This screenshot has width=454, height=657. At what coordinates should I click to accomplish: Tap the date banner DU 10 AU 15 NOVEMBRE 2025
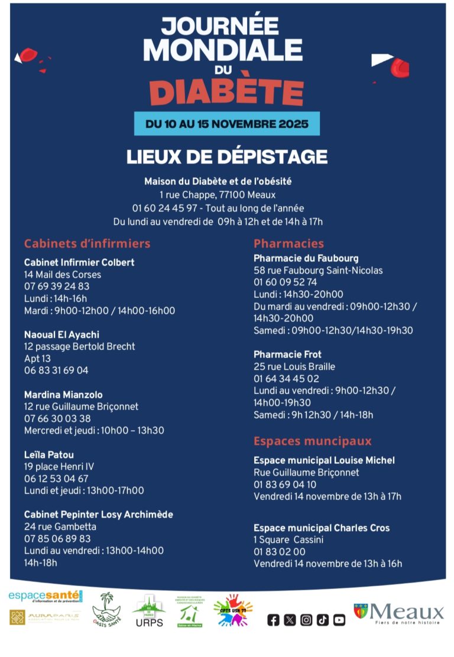227,124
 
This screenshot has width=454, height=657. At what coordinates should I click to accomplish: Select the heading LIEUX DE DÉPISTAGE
227,157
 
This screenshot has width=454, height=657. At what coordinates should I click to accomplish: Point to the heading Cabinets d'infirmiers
87,243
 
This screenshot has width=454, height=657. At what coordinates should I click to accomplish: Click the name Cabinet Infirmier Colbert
79,262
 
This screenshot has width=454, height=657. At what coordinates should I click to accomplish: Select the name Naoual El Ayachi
61,335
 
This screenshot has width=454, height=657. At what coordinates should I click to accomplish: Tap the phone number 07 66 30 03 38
57,419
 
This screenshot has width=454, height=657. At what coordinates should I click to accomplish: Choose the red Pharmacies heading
288,243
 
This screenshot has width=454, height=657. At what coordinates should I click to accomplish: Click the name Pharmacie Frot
287,354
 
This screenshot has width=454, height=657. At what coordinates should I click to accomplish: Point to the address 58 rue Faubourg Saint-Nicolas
318,271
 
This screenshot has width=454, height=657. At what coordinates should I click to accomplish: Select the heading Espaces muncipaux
312,441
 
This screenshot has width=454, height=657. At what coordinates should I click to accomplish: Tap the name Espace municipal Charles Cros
322,528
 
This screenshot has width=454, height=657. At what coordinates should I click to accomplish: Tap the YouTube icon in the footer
339,620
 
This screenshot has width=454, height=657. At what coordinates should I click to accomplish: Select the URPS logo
149,611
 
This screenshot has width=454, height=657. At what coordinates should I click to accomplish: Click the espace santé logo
46,596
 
